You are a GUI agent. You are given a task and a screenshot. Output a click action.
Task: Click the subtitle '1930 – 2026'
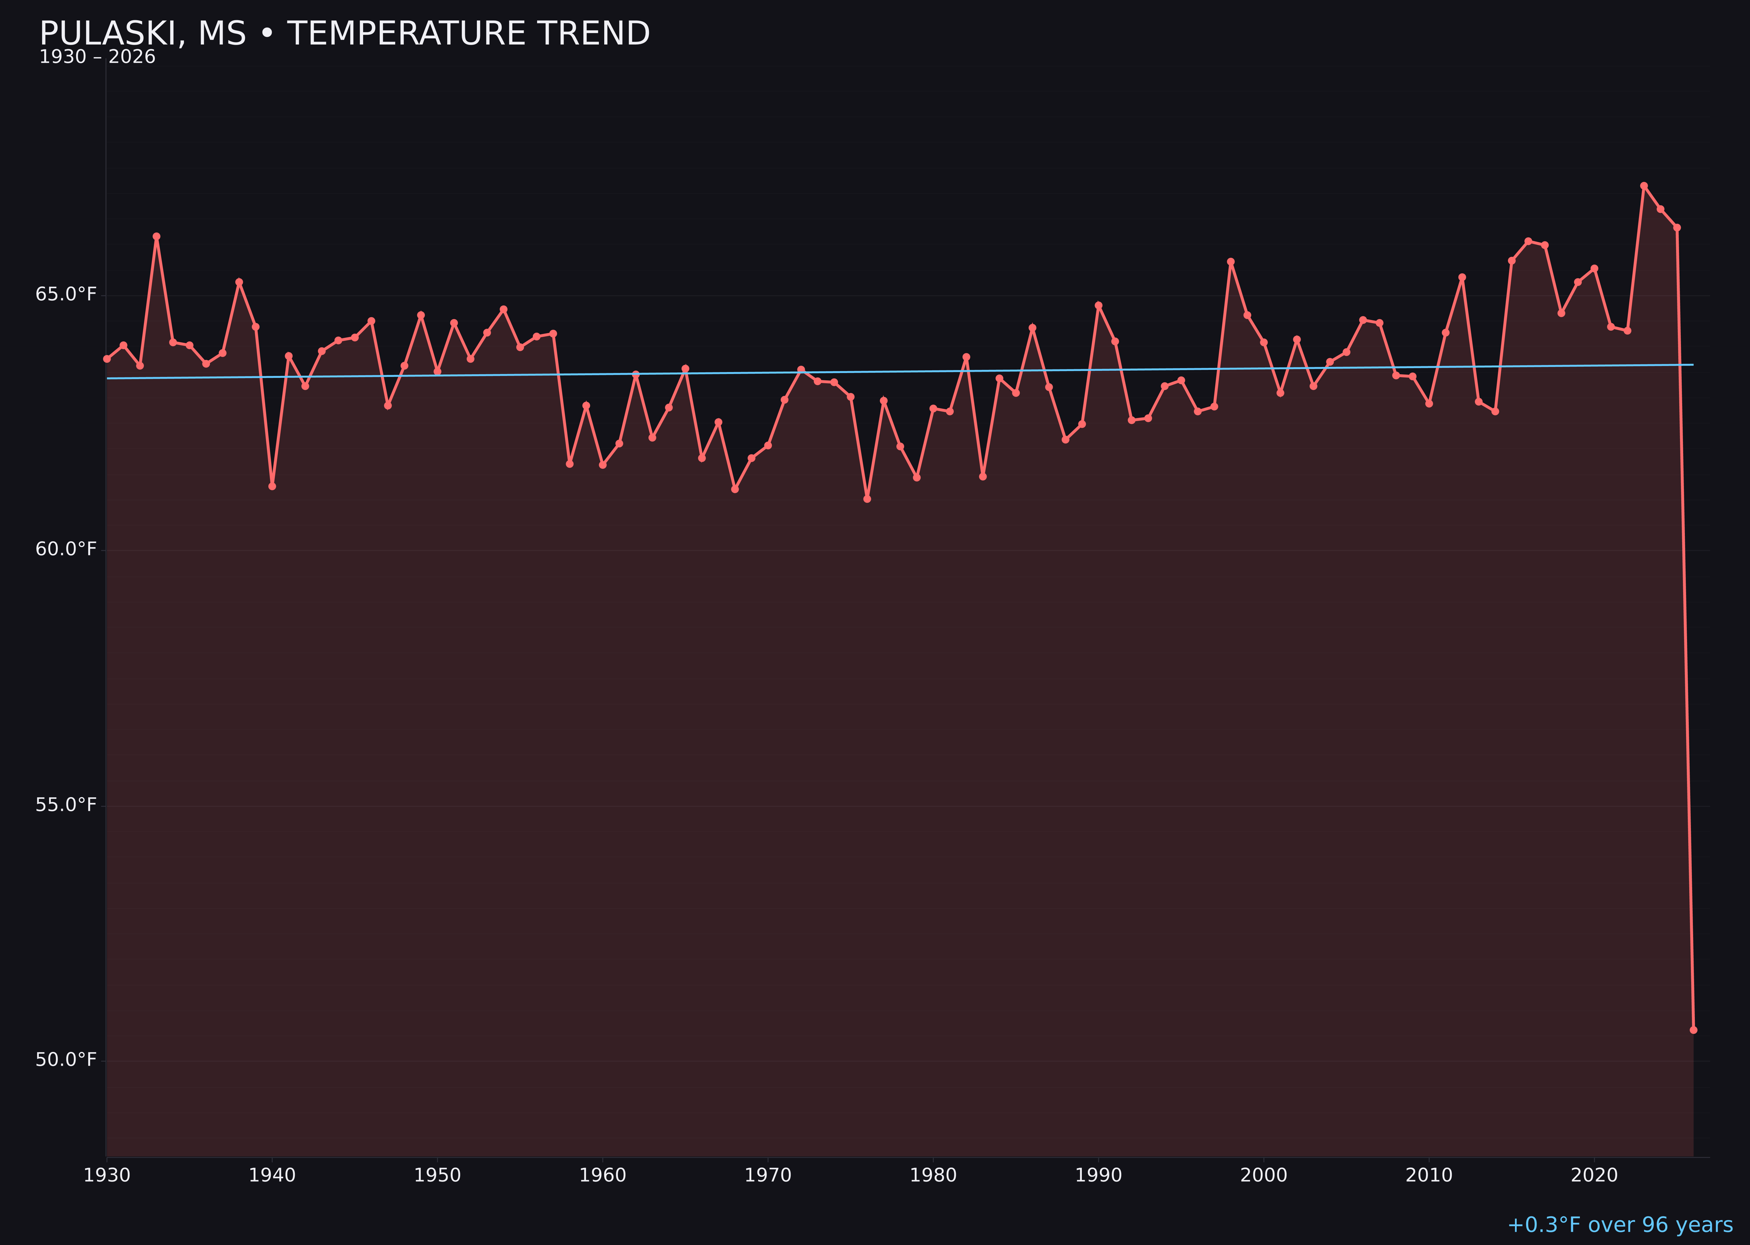(97, 57)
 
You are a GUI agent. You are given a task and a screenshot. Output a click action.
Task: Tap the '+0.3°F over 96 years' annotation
(1620, 1224)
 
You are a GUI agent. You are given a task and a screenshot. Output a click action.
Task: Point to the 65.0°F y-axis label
(66, 294)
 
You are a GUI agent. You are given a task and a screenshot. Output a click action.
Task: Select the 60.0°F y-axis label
(66, 549)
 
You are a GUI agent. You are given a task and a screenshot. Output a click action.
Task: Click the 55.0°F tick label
(66, 804)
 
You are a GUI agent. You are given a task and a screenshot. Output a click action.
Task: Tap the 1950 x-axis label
(437, 1175)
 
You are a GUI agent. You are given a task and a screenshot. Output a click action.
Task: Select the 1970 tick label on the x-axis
(768, 1175)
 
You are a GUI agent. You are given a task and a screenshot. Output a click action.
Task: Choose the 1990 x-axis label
(1098, 1175)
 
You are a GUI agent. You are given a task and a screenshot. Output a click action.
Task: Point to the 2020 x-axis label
(1594, 1175)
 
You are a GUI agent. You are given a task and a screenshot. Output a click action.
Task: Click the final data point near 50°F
(1693, 1030)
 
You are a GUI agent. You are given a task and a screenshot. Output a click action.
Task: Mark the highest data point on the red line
(1644, 186)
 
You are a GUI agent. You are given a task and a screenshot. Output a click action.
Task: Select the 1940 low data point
(272, 486)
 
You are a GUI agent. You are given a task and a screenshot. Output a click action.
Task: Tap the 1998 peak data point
(1231, 261)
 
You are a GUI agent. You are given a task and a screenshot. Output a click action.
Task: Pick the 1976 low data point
(867, 499)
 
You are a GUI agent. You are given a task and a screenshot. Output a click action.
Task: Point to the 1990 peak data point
(1098, 305)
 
